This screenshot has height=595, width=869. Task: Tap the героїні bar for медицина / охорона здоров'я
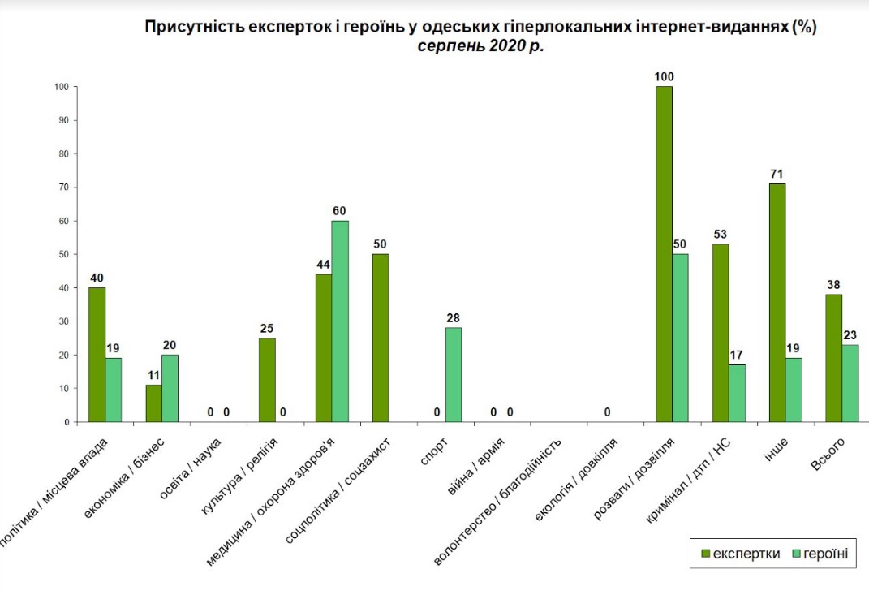(340, 321)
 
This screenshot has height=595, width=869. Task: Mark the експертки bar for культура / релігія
(267, 380)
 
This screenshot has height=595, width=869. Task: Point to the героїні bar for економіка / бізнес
(170, 388)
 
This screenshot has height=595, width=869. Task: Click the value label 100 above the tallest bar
(664, 77)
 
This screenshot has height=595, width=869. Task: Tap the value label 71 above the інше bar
(777, 174)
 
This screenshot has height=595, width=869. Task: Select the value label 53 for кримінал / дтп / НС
(721, 235)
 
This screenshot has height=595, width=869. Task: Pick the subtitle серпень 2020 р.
(480, 46)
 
